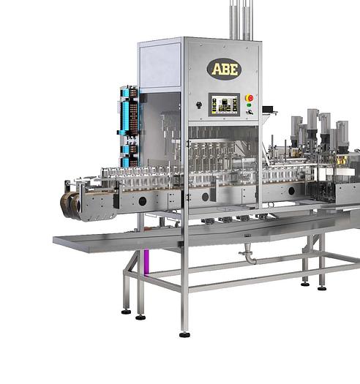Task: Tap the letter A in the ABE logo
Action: click(215, 69)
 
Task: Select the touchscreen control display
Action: click(223, 104)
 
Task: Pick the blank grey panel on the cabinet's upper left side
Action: click(160, 67)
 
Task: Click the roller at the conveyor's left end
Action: click(70, 203)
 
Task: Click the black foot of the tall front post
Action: click(184, 334)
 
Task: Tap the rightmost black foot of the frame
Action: click(321, 287)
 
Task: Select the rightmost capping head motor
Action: click(342, 133)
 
